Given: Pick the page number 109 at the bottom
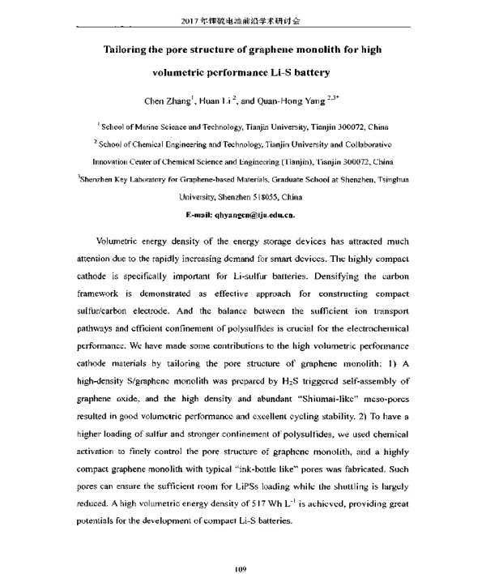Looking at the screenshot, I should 240,550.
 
